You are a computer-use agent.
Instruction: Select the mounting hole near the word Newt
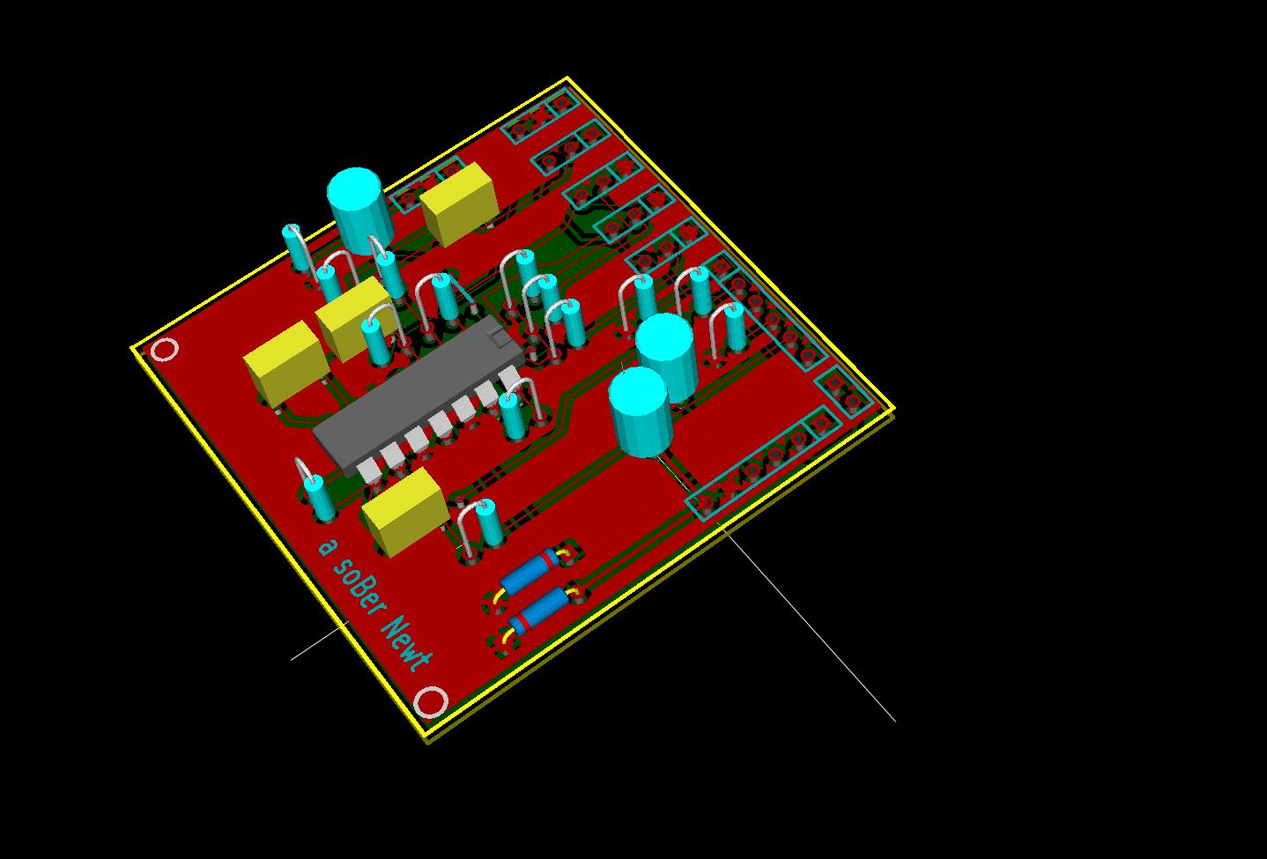[x=431, y=703]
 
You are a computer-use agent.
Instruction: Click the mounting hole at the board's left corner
[x=165, y=350]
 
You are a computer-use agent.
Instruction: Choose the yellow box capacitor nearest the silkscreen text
[x=404, y=510]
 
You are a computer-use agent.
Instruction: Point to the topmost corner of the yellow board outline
[x=566, y=78]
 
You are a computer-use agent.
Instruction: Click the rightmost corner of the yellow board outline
[x=893, y=409]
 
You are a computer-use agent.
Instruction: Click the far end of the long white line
[x=895, y=722]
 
